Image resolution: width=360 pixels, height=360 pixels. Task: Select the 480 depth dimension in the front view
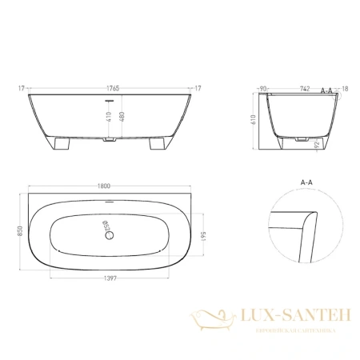122,118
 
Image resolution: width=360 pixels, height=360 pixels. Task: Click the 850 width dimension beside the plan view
20,230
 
